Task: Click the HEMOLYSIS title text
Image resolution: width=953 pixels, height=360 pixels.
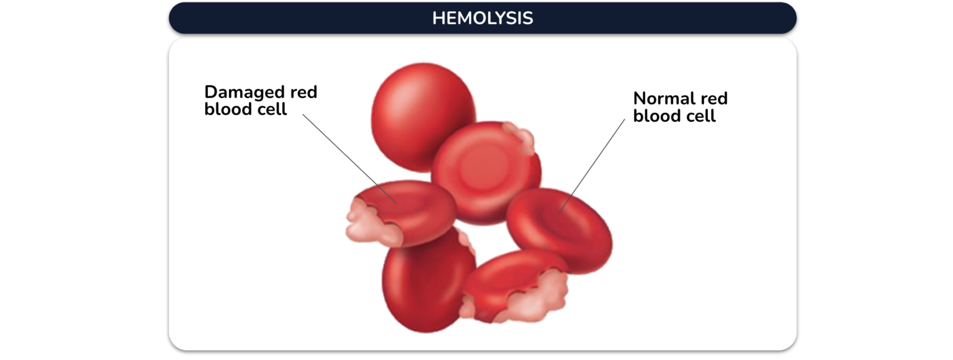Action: pos(483,18)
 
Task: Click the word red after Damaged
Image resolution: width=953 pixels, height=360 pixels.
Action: pos(304,92)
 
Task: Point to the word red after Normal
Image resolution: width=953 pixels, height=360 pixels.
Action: pos(714,98)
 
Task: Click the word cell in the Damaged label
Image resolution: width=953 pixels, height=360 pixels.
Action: pos(269,109)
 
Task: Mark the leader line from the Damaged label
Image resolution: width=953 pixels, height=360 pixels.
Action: pos(350,159)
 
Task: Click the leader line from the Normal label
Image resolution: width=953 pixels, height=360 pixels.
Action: pos(592,166)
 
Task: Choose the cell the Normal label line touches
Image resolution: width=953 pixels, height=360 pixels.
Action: pos(560,230)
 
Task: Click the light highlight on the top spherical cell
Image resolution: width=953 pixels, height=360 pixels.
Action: pos(396,98)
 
